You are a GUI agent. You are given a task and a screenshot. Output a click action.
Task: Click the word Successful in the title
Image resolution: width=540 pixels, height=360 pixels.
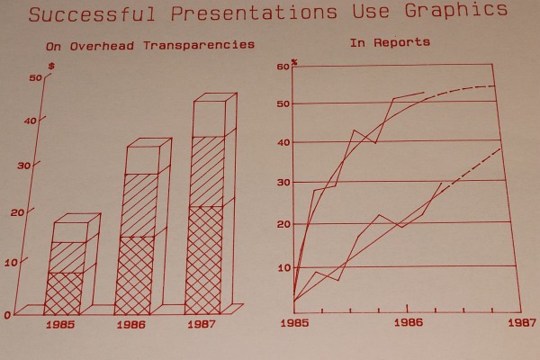coord(85,12)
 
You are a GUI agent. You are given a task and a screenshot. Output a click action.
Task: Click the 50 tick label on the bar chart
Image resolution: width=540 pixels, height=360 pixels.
coord(35,78)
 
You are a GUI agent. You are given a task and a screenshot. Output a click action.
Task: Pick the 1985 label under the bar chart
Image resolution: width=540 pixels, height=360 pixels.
coord(63,323)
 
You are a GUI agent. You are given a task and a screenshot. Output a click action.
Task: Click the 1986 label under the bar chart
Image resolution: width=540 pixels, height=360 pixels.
coord(133,323)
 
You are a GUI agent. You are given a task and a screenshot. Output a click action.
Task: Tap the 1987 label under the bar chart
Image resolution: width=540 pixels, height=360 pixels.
coord(202,323)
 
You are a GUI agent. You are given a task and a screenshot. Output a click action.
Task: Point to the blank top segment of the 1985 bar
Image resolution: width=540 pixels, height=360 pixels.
coord(67,231)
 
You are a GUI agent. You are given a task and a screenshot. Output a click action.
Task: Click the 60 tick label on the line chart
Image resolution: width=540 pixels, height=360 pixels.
coord(283,67)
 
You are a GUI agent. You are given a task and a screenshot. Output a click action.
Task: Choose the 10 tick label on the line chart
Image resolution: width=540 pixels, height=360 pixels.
coord(283,267)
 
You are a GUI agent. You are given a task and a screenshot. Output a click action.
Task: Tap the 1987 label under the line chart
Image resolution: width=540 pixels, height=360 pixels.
coord(521,320)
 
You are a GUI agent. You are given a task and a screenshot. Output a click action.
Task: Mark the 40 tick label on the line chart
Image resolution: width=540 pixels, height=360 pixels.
coord(283,143)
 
